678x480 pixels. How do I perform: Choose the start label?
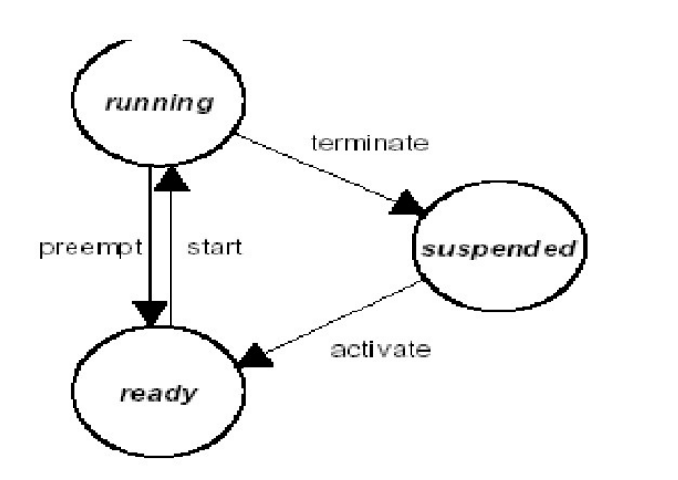[x=214, y=246]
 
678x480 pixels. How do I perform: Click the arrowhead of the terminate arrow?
[x=412, y=205]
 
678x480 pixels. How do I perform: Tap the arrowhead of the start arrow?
[x=172, y=176]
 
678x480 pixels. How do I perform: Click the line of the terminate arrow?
[x=323, y=168]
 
